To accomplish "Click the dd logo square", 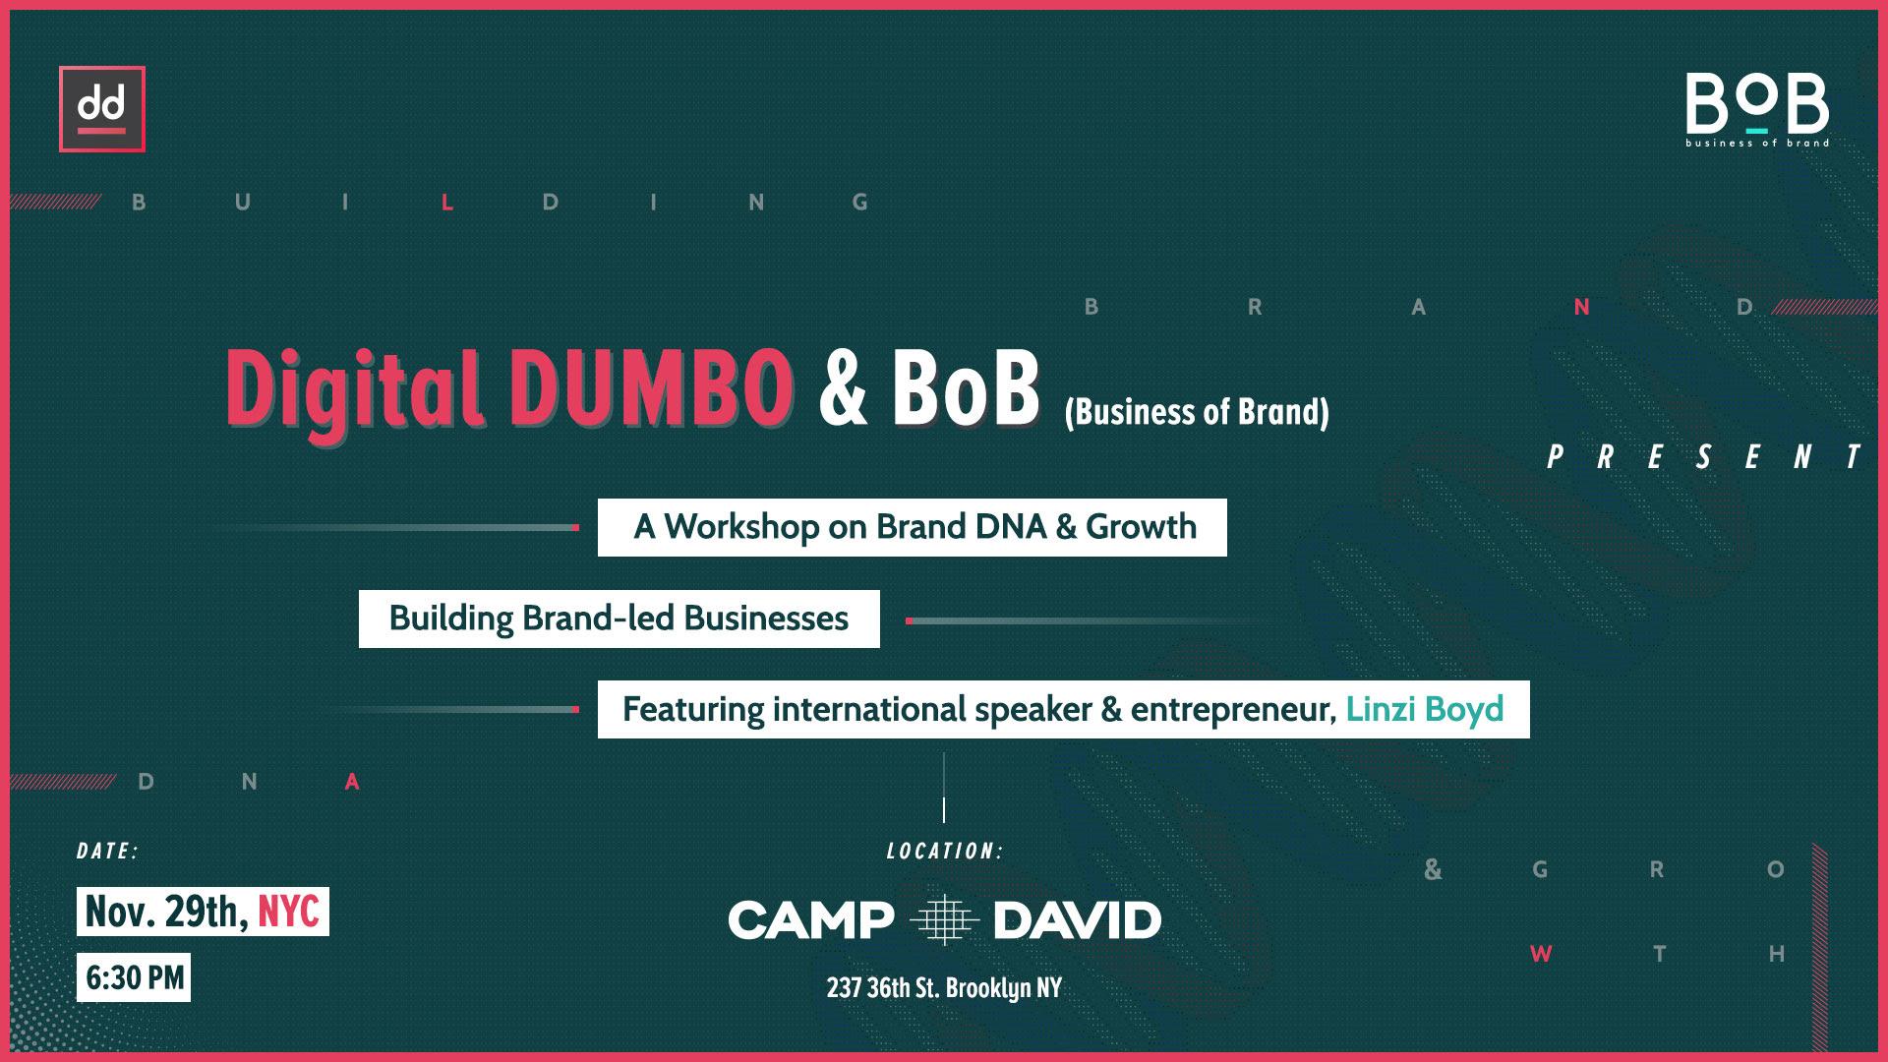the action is pos(102,109).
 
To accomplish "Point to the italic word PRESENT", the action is pos(1704,457).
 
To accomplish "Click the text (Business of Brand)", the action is pos(1197,412).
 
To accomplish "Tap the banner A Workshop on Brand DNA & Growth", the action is pos(913,527).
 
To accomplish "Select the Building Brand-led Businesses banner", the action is pos(619,619).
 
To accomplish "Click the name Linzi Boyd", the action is pos(1425,710).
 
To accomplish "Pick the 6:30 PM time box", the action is pos(134,977).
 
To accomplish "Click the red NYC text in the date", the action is pos(288,913).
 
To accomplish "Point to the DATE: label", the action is pos(108,852).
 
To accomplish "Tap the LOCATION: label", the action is pos(944,852).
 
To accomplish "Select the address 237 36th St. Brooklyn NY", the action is pos(944,987).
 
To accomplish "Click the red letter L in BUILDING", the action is pos(448,203).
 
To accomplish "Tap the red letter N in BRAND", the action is pos(1582,307).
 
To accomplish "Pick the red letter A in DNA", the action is pos(353,783).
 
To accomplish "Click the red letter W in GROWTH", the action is pos(1541,954).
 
